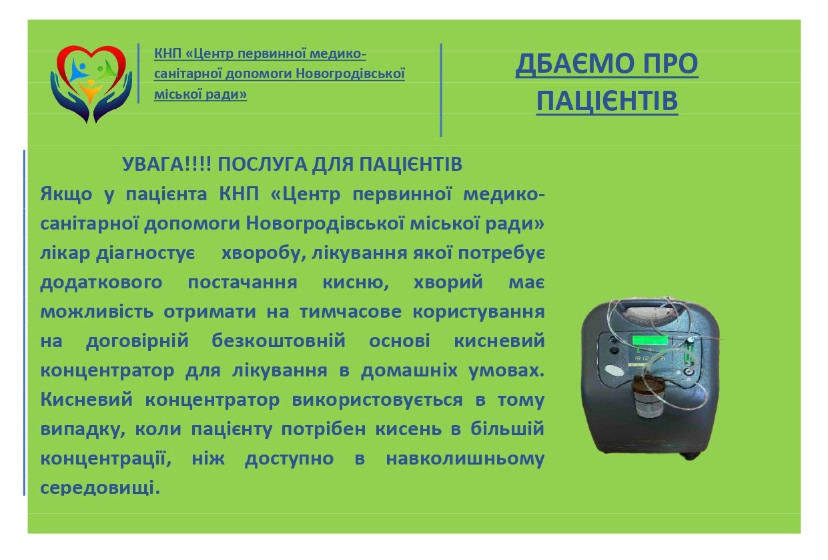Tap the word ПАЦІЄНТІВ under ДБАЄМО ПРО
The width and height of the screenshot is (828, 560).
tap(606, 101)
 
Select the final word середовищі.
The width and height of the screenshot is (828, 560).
tap(100, 487)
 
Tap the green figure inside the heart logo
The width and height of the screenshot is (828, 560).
tap(104, 67)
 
